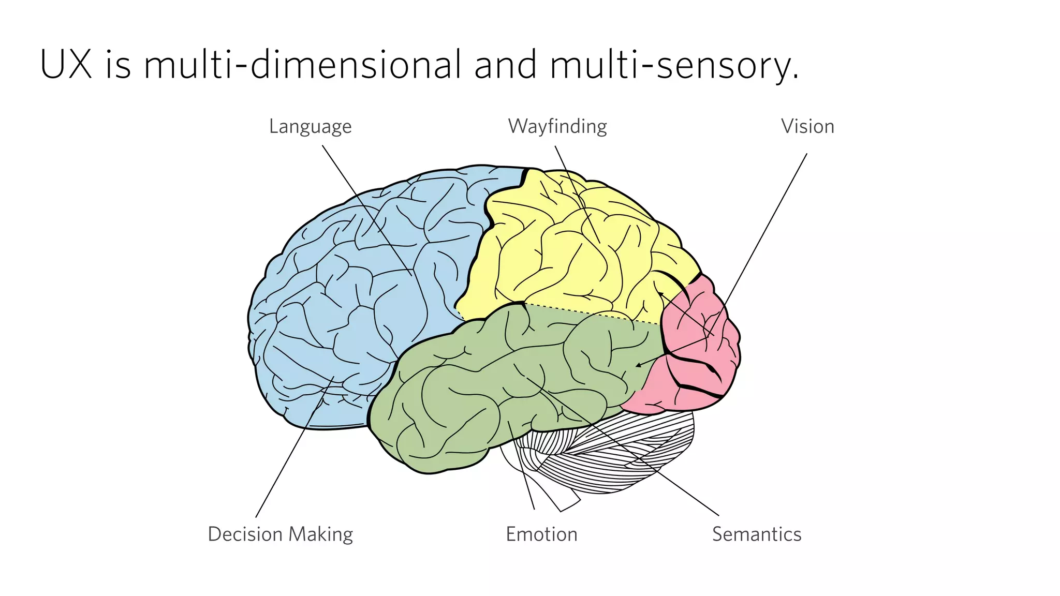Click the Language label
(310, 127)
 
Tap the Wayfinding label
(557, 127)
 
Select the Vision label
(807, 127)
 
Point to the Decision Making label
(280, 534)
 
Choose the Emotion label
(541, 534)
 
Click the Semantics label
(756, 534)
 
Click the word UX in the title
(66, 65)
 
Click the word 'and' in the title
(505, 65)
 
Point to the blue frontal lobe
(352, 290)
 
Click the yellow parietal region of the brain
(569, 248)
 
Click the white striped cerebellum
(621, 455)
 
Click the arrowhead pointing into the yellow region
(660, 294)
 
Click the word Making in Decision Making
(320, 534)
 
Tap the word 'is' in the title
(118, 65)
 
